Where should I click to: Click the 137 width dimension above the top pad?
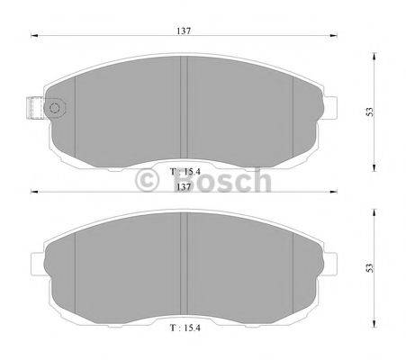click(x=184, y=31)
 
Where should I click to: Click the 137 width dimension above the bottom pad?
click(x=184, y=186)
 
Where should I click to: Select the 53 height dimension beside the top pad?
click(x=370, y=112)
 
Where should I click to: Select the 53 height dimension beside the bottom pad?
click(x=370, y=268)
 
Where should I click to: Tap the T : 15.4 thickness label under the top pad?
click(x=185, y=172)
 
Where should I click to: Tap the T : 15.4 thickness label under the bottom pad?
click(x=185, y=328)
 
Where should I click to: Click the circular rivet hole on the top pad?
click(x=55, y=108)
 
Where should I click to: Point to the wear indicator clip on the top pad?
click(x=36, y=108)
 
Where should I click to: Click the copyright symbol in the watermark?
click(x=147, y=180)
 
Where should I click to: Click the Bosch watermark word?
click(x=222, y=180)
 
